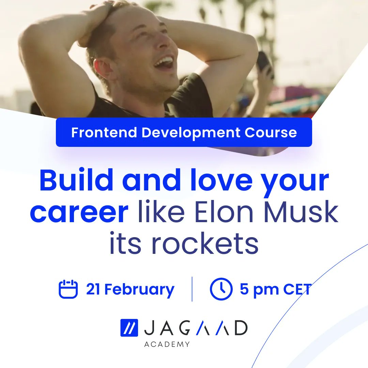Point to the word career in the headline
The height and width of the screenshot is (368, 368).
click(x=79, y=212)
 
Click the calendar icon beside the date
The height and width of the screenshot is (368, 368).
click(x=68, y=289)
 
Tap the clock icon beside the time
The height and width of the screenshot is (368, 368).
click(x=221, y=289)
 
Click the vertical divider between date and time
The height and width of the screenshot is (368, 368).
click(x=192, y=289)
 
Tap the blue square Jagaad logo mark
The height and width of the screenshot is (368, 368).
click(x=129, y=328)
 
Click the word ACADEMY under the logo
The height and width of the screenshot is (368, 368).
click(x=167, y=344)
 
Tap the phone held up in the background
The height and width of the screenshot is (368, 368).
click(x=264, y=63)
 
